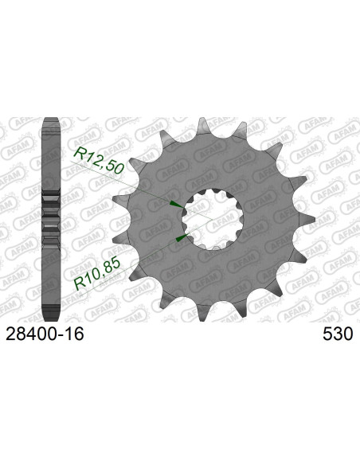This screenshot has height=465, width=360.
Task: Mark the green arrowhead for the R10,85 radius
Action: point(181,238)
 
